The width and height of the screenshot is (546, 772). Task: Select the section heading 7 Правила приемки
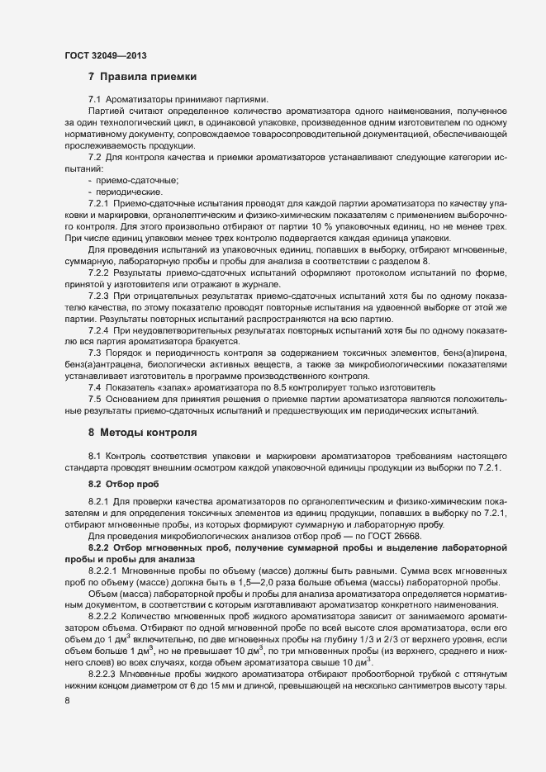[142, 77]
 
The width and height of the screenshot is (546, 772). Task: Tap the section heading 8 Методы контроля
[142, 432]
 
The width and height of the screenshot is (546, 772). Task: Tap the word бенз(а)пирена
[467, 353]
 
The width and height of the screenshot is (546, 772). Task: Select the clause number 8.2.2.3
[102, 675]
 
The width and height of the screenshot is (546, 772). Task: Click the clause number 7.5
[95, 399]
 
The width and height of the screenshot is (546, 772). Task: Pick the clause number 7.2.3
[98, 295]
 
